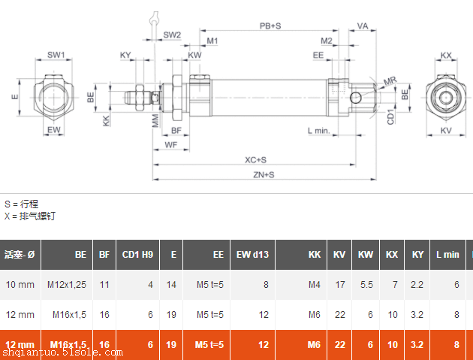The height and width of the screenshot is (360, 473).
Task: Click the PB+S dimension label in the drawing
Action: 270,26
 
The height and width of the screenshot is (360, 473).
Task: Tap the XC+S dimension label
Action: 256,159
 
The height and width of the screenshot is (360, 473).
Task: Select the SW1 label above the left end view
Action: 56,55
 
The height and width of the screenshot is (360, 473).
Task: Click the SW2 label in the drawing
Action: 172,35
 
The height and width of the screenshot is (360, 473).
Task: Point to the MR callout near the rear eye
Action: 390,80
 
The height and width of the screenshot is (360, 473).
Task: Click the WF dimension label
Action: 171,144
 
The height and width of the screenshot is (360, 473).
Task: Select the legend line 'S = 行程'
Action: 21,204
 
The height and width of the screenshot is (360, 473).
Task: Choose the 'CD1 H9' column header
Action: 137,255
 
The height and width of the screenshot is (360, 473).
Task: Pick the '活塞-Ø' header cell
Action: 20,255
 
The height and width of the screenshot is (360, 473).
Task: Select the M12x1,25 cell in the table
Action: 67,285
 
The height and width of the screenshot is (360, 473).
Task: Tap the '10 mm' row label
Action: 20,285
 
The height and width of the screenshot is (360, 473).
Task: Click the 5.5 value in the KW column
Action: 366,285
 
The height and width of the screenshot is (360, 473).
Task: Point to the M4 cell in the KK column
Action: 315,285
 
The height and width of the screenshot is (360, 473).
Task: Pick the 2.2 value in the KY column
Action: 418,285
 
